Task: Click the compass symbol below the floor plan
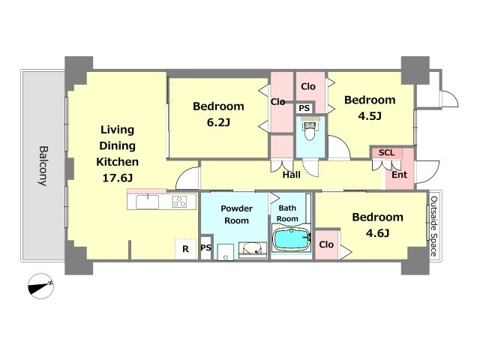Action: (x=40, y=286)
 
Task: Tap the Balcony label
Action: (x=43, y=166)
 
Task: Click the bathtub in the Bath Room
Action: (x=291, y=239)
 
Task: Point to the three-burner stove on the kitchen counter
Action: (x=179, y=202)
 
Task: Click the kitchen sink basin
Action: (x=147, y=202)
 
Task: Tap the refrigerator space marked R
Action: (x=185, y=249)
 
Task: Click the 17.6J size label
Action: (x=117, y=178)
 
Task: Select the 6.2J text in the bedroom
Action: (x=218, y=122)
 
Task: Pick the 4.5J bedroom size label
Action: (x=370, y=116)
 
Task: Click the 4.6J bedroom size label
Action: (x=377, y=233)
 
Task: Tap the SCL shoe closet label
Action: (x=386, y=152)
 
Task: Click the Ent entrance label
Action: (x=400, y=175)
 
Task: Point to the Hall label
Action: (x=292, y=175)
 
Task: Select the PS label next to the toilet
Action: (x=304, y=108)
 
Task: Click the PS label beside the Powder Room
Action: (x=206, y=247)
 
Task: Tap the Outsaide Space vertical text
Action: (x=434, y=226)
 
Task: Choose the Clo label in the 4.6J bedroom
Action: (x=326, y=244)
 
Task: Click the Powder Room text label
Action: (x=237, y=214)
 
